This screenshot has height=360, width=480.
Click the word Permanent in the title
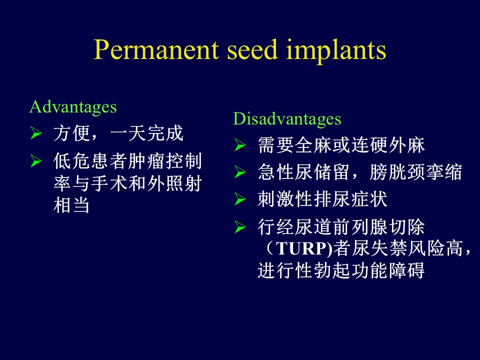click(156, 49)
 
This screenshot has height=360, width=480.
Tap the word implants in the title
click(336, 51)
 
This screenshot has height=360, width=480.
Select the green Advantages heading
click(73, 107)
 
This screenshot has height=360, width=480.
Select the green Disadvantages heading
click(287, 119)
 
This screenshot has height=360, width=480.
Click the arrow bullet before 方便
click(36, 134)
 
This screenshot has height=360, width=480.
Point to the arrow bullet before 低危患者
click(36, 161)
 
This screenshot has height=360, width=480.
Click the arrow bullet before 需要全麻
click(240, 145)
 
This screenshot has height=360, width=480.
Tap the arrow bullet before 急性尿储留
click(240, 172)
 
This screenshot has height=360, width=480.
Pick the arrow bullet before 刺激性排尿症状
click(240, 199)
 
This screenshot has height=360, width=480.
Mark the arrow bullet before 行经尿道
click(240, 227)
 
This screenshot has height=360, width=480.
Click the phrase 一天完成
click(146, 133)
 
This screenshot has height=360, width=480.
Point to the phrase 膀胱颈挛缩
click(415, 172)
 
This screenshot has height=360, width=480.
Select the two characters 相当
click(71, 205)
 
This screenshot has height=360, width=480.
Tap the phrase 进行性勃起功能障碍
click(341, 270)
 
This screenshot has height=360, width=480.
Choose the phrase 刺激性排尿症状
click(322, 199)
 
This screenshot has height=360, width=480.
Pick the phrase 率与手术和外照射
click(127, 183)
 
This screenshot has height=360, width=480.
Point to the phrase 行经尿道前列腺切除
click(341, 227)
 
